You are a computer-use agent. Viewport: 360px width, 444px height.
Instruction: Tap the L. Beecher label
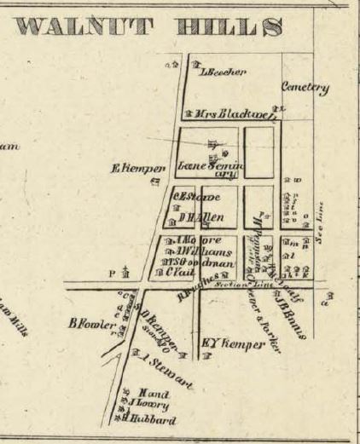[223, 72]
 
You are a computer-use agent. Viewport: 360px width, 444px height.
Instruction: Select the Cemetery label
[305, 87]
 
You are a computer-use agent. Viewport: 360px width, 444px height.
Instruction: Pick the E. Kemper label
[136, 168]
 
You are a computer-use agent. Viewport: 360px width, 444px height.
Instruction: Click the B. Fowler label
[86, 323]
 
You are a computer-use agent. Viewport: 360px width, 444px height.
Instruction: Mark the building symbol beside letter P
[126, 273]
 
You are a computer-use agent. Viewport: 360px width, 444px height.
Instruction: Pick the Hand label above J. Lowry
[150, 395]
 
